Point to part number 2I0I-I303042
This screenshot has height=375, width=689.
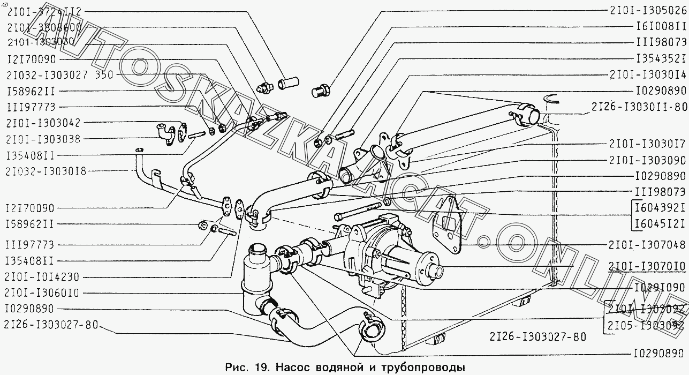coord(43,123)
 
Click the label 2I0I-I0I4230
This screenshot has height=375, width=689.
coord(41,277)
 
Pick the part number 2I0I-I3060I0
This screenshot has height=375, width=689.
coord(41,293)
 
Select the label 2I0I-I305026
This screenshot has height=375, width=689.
coord(647,10)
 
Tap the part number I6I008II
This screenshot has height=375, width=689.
coord(661,26)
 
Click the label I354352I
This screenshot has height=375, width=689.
coord(661,58)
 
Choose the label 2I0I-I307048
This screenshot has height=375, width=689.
coord(647,245)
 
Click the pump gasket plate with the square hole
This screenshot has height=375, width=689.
coord(449,221)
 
